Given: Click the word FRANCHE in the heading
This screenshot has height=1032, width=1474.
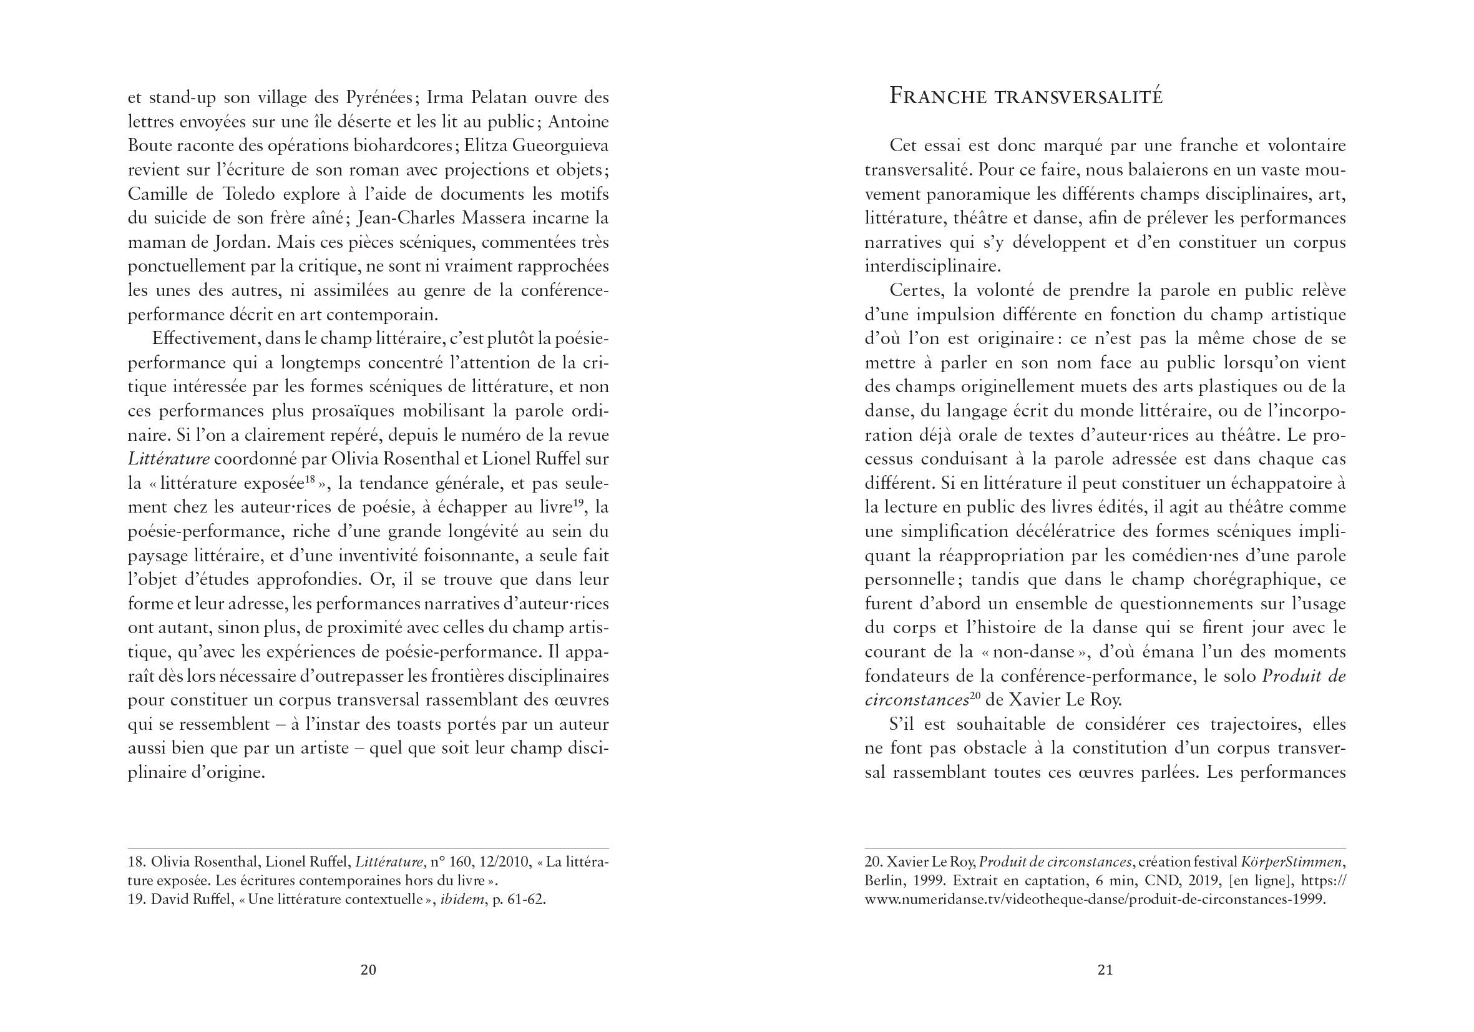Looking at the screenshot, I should [x=938, y=96].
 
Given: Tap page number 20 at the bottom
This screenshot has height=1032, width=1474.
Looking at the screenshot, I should [x=368, y=970].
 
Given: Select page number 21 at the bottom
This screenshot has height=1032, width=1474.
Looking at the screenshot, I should [x=1105, y=970].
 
